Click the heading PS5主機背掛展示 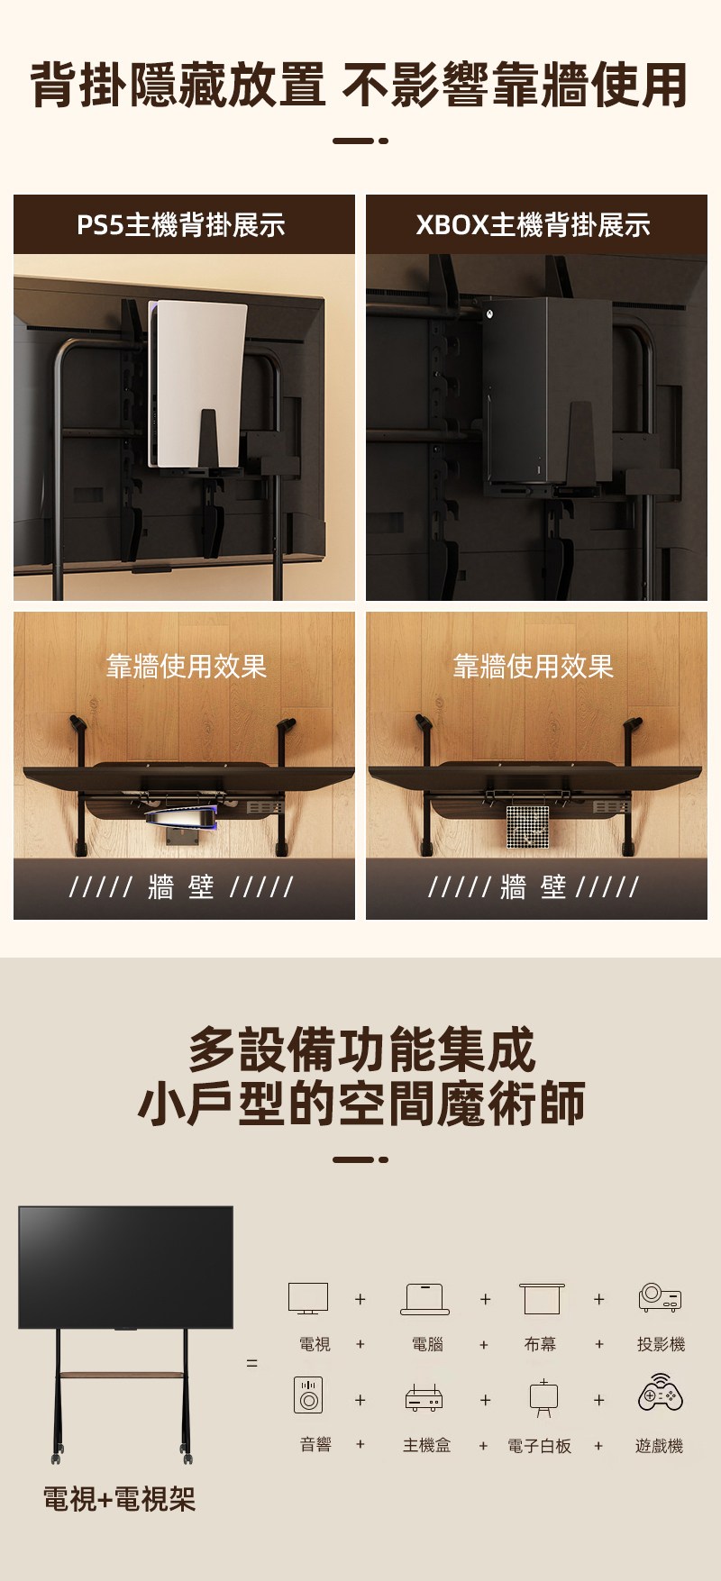pos(181,224)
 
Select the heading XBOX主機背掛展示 pos(533,224)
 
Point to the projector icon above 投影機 pos(661,1297)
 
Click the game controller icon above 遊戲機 pos(661,1393)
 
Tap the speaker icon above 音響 pos(308,1395)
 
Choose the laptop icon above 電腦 pos(425,1299)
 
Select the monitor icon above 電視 pos(308,1299)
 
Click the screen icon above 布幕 pos(542,1299)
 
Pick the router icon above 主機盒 pos(424,1397)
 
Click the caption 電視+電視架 pos(119,1498)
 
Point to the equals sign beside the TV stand pos(252,1363)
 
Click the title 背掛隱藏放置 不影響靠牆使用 pos(360,86)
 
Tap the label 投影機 pos(661,1344)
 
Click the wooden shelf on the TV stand pos(122,1374)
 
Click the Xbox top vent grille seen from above pos(527,827)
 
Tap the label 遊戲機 pos(660,1445)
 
